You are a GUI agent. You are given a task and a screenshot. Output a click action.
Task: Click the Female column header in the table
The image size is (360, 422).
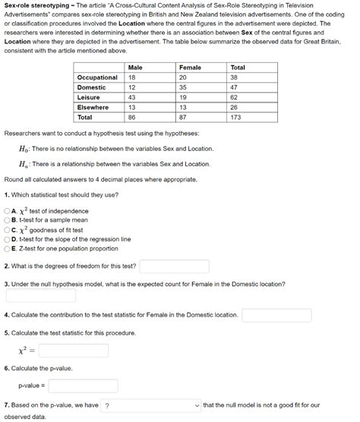[x=190, y=68]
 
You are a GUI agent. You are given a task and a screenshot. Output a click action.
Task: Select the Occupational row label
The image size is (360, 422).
[x=97, y=77]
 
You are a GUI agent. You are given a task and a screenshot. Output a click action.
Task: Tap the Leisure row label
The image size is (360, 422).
[x=89, y=97]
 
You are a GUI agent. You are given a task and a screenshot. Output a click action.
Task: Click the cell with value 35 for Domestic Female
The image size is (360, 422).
[x=183, y=87]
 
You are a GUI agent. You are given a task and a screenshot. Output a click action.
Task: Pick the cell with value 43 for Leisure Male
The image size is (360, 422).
[x=132, y=97]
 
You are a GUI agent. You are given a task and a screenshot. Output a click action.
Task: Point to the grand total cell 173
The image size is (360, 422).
[x=236, y=118]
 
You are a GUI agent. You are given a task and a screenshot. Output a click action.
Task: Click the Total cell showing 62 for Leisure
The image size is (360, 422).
[x=234, y=97]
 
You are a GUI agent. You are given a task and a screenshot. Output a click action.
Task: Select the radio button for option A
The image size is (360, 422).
[x=8, y=211]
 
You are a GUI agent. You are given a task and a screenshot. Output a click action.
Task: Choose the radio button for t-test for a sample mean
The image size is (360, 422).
[x=8, y=220]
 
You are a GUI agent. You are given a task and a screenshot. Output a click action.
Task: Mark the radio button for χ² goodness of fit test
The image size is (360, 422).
[x=8, y=230]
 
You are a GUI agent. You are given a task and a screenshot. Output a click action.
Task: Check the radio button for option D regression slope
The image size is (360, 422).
[x=8, y=239]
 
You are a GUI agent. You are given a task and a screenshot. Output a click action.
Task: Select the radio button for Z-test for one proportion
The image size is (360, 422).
[x=8, y=248]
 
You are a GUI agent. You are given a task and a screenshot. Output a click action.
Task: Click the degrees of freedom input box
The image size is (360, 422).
[x=174, y=266]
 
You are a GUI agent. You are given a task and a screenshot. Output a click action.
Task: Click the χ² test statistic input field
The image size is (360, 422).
[x=78, y=351]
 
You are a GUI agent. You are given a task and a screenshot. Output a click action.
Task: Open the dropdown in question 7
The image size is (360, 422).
[x=151, y=405]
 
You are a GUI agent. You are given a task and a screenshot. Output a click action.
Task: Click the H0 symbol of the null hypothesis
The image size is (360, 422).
[x=24, y=148]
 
